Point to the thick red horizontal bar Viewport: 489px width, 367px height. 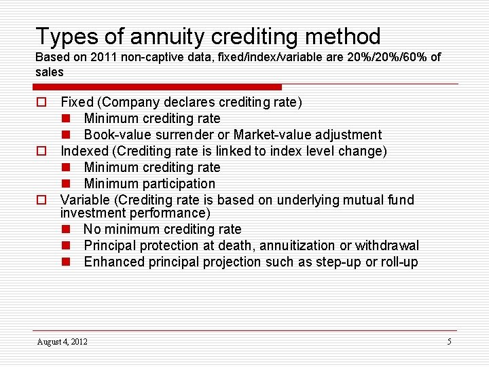[158, 87]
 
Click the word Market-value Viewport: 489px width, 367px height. [269, 135]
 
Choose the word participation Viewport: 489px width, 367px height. [179, 183]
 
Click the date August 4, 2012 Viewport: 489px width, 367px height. [62, 341]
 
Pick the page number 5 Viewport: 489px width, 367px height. [449, 341]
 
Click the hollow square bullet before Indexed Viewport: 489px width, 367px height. [41, 151]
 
